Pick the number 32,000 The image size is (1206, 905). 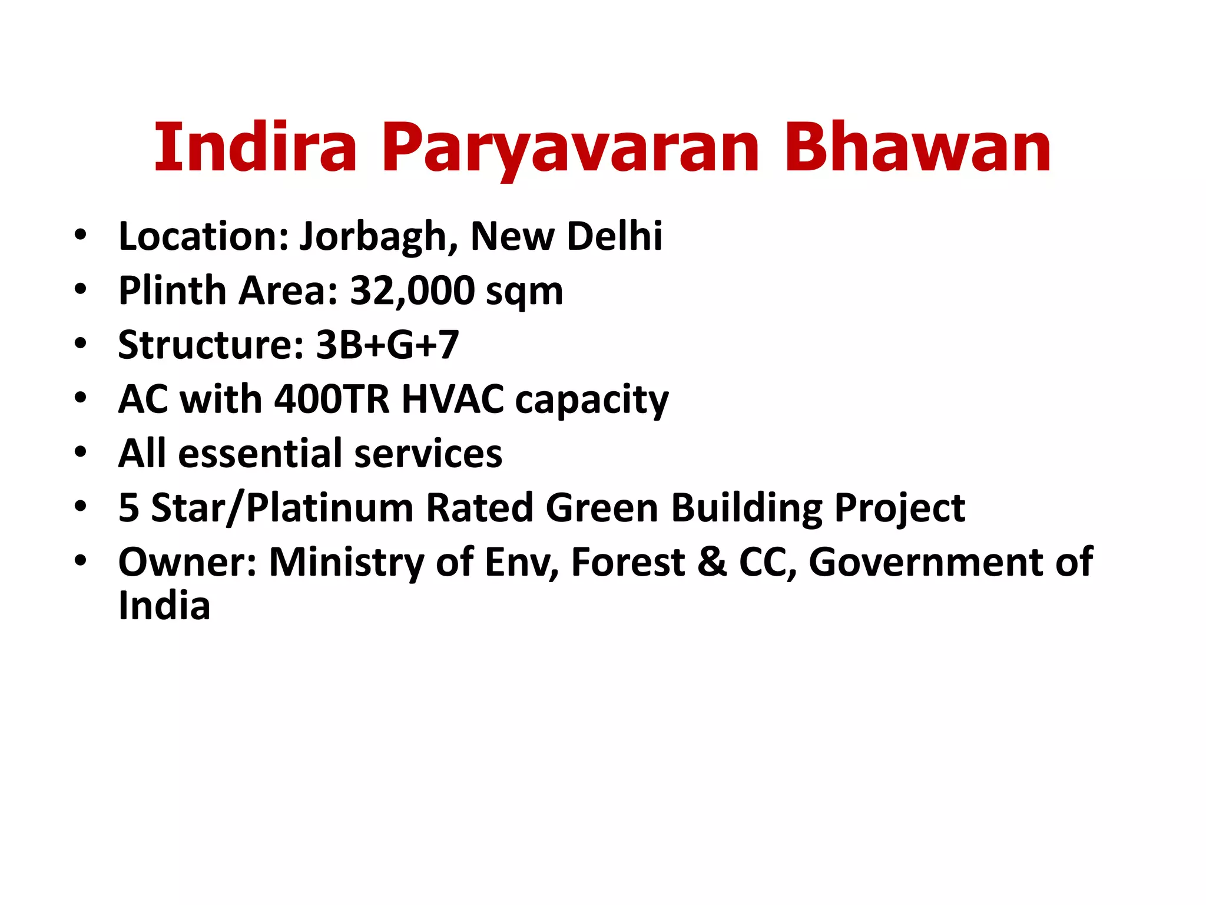click(412, 291)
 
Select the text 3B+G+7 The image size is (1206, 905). click(387, 345)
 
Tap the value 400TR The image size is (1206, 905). click(332, 399)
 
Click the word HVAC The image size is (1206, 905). click(452, 399)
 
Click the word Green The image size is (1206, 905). click(602, 508)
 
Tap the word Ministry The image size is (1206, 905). click(346, 562)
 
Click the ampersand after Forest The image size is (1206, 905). click(712, 562)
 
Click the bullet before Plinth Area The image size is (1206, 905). click(81, 289)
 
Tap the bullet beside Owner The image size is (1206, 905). click(81, 560)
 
